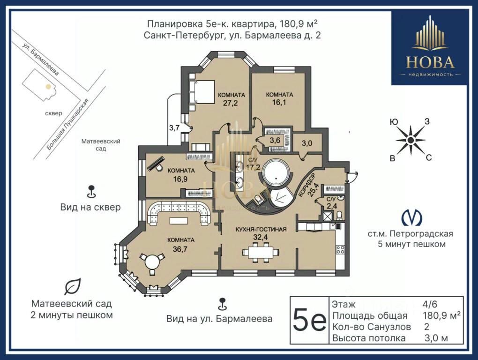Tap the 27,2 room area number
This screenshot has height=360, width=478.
coord(230,103)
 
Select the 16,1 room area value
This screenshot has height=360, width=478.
coord(279,102)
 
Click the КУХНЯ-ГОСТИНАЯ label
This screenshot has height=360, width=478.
coord(261,229)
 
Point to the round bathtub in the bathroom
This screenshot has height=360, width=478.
coord(276,172)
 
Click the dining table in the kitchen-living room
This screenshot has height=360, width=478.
coord(261,252)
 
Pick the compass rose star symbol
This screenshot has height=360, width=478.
coord(411,140)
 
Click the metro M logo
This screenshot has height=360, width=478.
coord(411,217)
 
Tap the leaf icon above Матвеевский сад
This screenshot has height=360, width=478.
coord(72,286)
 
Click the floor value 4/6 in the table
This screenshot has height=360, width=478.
coord(430,304)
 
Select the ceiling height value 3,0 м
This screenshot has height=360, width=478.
coord(436,338)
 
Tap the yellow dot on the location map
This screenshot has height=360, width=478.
coord(48,87)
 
